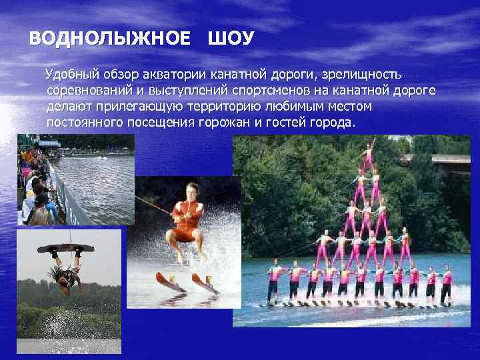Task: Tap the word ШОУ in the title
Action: [231, 39]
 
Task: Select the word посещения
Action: [158, 123]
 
